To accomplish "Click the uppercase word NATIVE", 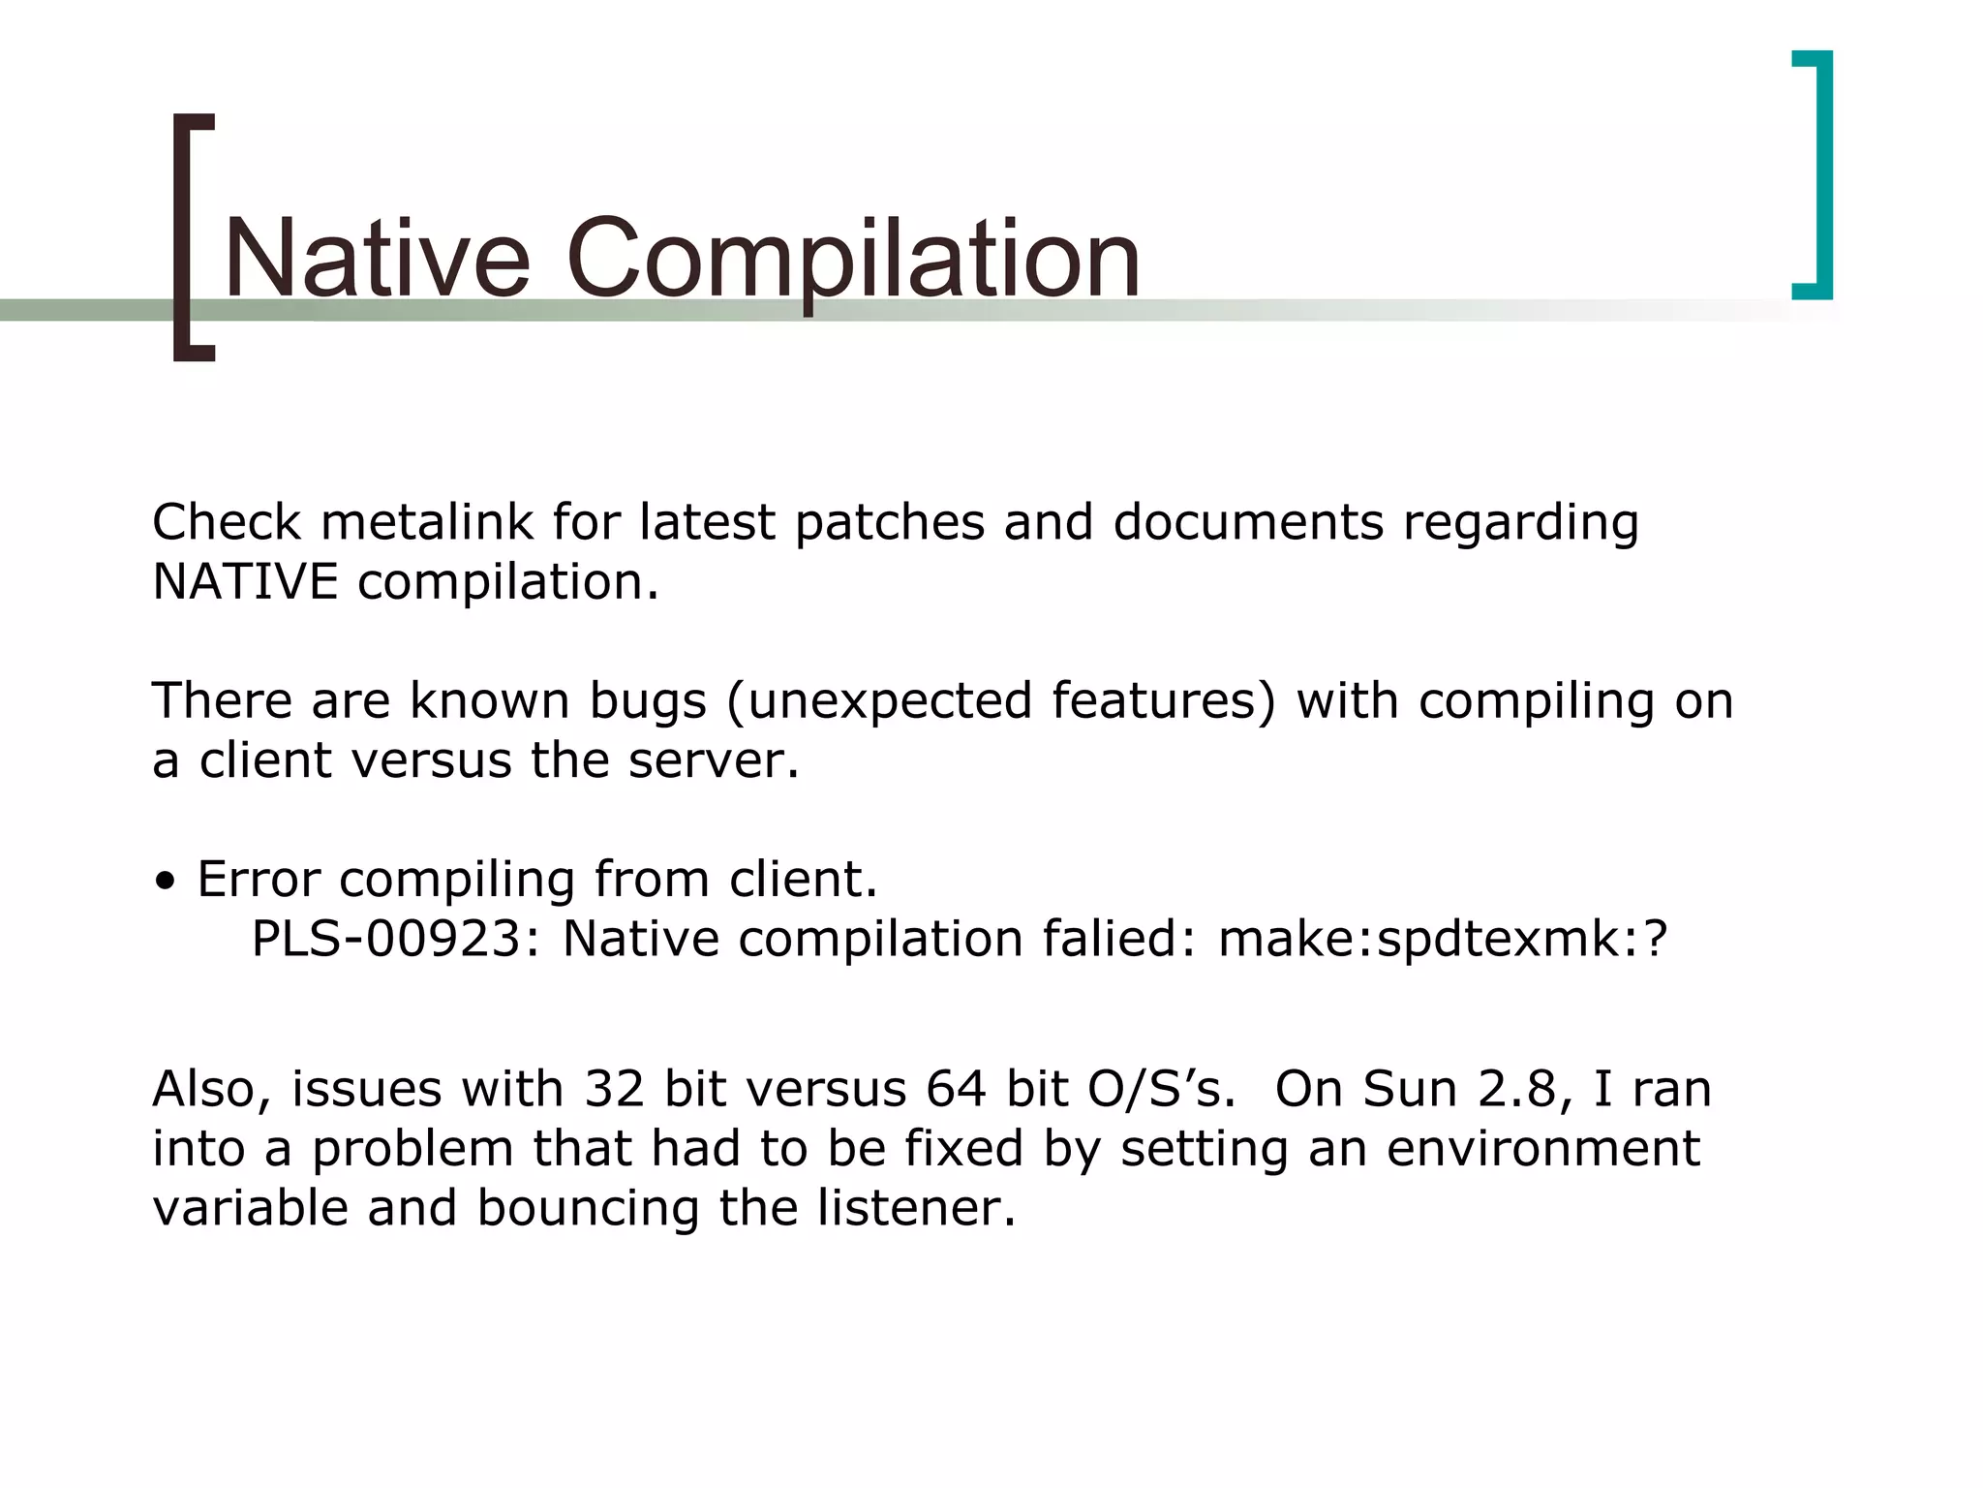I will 245,582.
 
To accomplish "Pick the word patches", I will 889,522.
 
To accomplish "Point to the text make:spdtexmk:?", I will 1443,939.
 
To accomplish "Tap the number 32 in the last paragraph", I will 614,1089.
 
